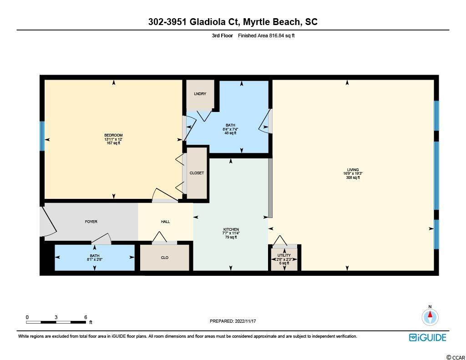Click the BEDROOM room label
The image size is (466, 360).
113,135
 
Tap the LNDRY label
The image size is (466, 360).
200,94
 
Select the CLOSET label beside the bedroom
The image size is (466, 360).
197,173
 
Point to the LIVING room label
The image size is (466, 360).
353,170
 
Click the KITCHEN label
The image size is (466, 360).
231,229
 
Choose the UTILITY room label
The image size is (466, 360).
284,255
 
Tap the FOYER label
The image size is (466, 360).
91,222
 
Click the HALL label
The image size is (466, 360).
165,222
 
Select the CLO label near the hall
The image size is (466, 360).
165,258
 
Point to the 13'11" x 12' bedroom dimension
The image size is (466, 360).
113,139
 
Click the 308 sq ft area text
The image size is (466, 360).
353,178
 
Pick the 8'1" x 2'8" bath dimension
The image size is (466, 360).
95,259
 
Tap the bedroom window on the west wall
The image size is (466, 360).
42,136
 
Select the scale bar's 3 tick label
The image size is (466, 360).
56,317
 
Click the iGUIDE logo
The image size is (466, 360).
428,337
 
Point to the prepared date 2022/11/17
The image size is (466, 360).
245,321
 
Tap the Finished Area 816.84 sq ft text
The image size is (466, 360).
266,35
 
